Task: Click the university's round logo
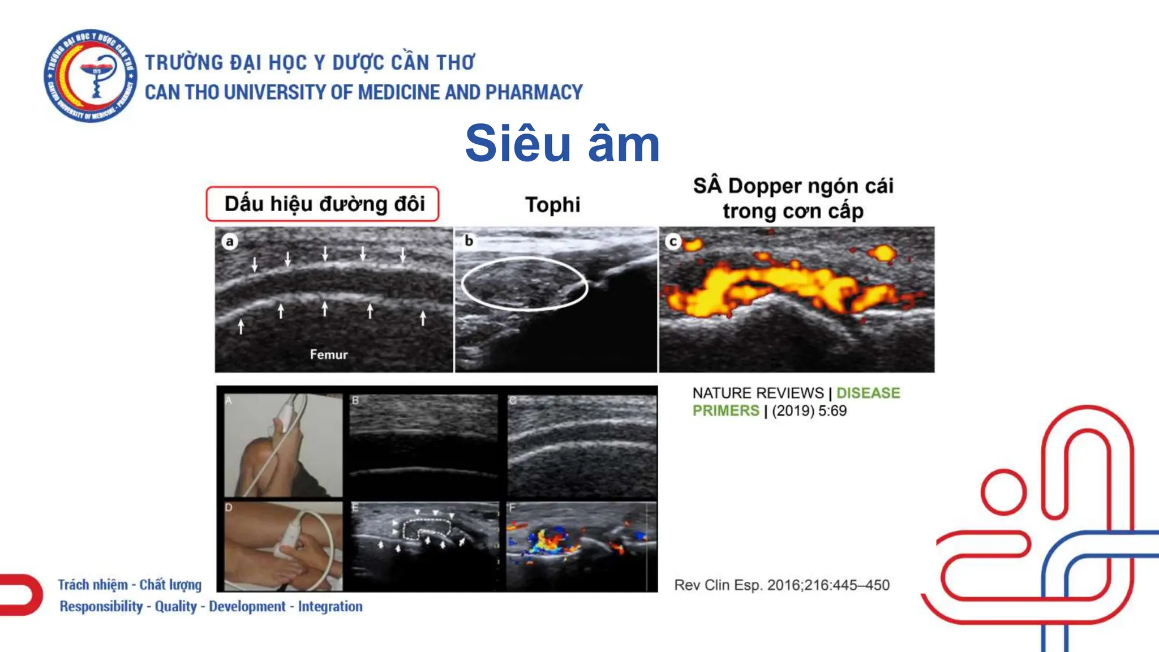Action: pos(91,75)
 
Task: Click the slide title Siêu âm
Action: pos(562,144)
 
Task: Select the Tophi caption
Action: pos(552,205)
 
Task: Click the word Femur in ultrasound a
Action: pos(328,354)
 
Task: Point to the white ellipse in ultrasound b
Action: pos(524,283)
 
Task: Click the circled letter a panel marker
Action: pos(229,242)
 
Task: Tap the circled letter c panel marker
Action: pos(673,242)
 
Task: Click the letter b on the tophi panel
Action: pos(469,241)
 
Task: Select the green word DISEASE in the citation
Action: pos(868,393)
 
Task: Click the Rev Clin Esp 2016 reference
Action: pos(782,585)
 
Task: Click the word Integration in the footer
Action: pos(330,606)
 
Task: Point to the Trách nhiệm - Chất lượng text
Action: pos(130,584)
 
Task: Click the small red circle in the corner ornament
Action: pos(1003,492)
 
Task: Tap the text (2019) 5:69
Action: pos(809,410)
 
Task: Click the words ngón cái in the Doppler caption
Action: pos(852,186)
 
